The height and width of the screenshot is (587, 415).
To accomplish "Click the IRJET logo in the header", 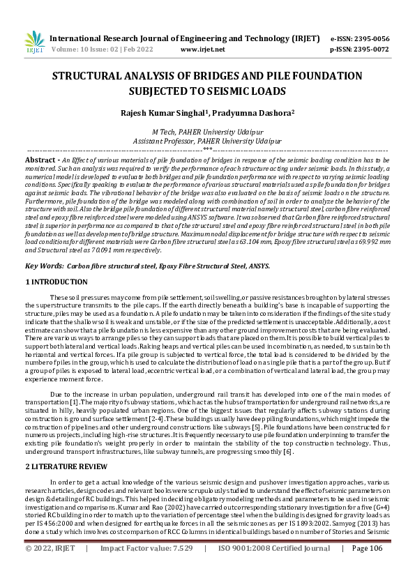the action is (34, 43).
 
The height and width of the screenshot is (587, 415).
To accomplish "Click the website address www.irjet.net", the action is (202, 50).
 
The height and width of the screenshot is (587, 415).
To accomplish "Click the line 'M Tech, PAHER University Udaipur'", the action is (207, 132).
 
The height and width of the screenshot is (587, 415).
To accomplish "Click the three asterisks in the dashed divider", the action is (207, 149).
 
